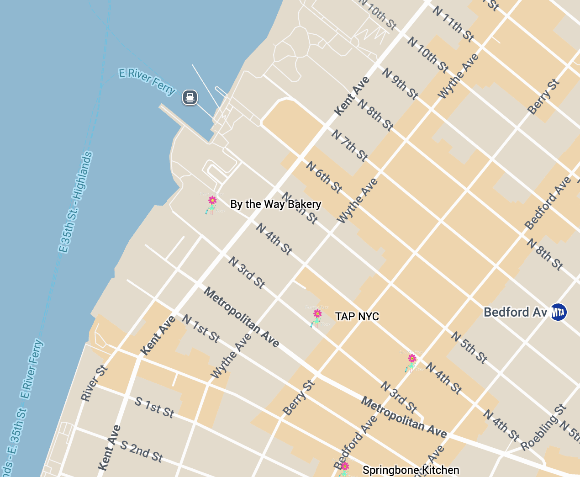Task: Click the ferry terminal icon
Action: pyautogui.click(x=190, y=97)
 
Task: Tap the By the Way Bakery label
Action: pyautogui.click(x=275, y=204)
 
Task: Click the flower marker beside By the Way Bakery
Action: pyautogui.click(x=212, y=201)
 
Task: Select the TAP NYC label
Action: pyautogui.click(x=357, y=317)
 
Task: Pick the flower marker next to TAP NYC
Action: pyautogui.click(x=317, y=314)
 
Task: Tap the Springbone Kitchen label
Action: pyautogui.click(x=411, y=470)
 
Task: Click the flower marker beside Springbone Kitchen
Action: pyautogui.click(x=345, y=466)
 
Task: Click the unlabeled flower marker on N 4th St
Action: pyautogui.click(x=412, y=359)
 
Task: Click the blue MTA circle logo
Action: pyautogui.click(x=558, y=313)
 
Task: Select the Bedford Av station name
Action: pyautogui.click(x=515, y=313)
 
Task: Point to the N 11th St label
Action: pyautogui.click(x=453, y=24)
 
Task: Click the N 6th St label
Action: pyautogui.click(x=324, y=177)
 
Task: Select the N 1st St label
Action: pyautogui.click(x=201, y=328)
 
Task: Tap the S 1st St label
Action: pyautogui.click(x=154, y=408)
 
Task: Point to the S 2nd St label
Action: pyautogui.click(x=141, y=451)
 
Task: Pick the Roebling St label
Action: pyautogui.click(x=544, y=427)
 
